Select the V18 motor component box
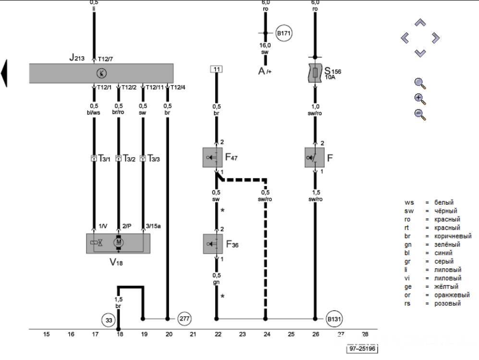(118, 243)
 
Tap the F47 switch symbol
(216, 158)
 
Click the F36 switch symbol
(216, 244)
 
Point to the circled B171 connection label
(284, 33)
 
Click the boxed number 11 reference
(216, 69)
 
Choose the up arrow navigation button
(420, 23)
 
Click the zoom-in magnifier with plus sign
(420, 99)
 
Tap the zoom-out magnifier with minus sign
(420, 114)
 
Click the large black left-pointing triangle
(4, 73)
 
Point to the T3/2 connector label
(129, 158)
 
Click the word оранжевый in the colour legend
(451, 295)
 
